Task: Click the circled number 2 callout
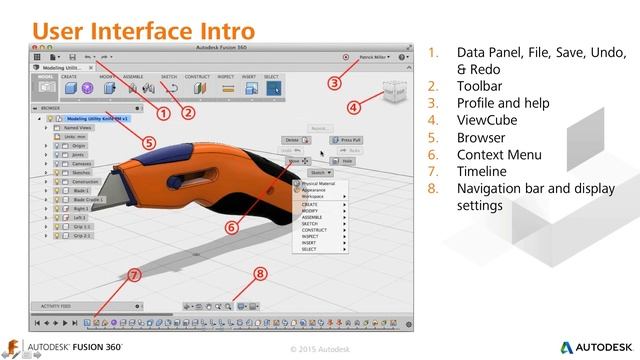click(x=188, y=113)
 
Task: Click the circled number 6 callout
click(x=231, y=226)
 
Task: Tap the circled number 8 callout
click(x=260, y=272)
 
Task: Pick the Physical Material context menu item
click(x=320, y=183)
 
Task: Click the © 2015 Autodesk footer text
click(x=319, y=349)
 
